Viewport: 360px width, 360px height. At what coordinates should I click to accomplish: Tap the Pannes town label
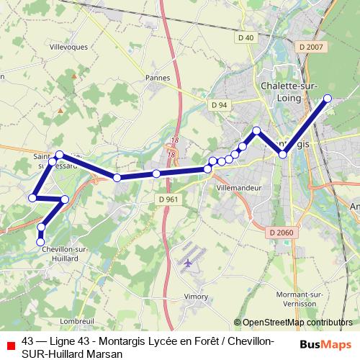pyautogui.click(x=157, y=77)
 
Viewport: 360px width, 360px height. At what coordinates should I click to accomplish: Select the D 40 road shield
pyautogui.click(x=246, y=37)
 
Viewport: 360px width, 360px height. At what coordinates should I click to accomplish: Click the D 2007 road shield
pyautogui.click(x=310, y=46)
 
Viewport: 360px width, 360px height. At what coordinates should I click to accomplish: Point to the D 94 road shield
pyautogui.click(x=219, y=105)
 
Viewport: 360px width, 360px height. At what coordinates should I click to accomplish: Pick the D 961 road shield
pyautogui.click(x=166, y=199)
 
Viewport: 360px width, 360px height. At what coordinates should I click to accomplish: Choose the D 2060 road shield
pyautogui.click(x=281, y=232)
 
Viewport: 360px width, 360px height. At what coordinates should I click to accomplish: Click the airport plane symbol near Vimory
pyautogui.click(x=189, y=263)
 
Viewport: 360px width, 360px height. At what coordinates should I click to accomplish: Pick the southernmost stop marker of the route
pyautogui.click(x=41, y=242)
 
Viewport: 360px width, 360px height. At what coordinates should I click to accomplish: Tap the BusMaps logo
pyautogui.click(x=325, y=345)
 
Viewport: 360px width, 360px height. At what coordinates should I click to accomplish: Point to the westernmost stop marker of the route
pyautogui.click(x=32, y=197)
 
